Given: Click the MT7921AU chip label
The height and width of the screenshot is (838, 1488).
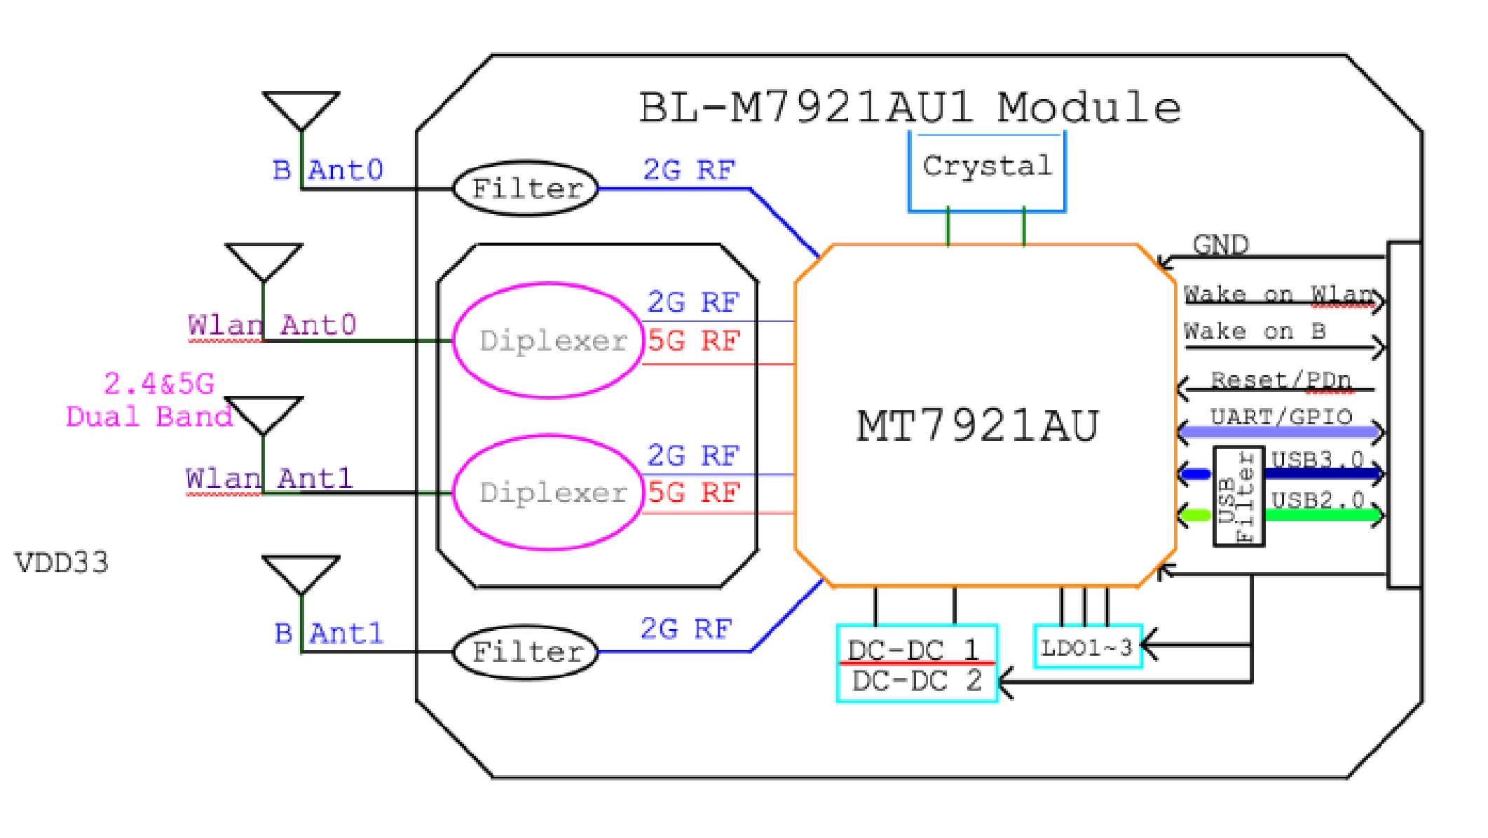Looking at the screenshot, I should [x=978, y=426].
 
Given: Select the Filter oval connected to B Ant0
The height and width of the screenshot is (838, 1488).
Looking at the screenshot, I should [x=526, y=189].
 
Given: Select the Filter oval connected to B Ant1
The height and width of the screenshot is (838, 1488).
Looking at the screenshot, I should [x=526, y=652].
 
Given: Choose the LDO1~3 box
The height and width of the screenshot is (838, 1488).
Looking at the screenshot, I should [x=1087, y=647].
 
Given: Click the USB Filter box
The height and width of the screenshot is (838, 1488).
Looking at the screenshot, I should [x=1238, y=496].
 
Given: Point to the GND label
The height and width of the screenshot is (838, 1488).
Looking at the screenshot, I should [x=1221, y=245].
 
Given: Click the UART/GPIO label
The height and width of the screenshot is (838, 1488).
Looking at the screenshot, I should [x=1281, y=417].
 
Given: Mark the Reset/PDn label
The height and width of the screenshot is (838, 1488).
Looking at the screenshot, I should [x=1281, y=380].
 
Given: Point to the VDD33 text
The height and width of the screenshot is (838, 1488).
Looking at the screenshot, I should [x=62, y=563].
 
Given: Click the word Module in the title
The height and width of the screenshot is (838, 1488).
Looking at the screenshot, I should [x=1088, y=108].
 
